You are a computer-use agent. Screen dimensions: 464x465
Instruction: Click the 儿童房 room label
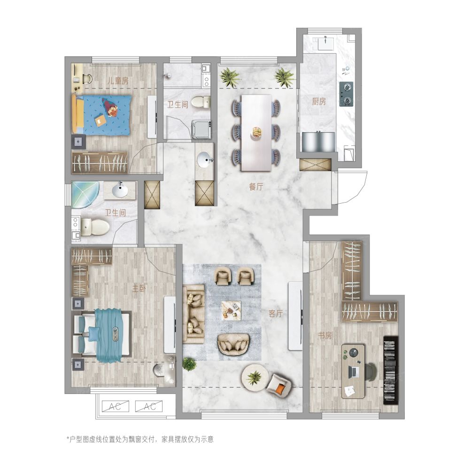click(117, 80)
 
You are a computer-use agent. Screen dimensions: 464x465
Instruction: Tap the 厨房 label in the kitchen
click(319, 102)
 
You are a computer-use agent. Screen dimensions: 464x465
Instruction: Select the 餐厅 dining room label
click(256, 187)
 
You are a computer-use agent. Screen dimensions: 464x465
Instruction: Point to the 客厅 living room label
click(276, 314)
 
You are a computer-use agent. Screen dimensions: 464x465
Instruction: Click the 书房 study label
click(325, 336)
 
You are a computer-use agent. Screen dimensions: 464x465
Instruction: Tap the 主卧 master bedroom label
click(139, 288)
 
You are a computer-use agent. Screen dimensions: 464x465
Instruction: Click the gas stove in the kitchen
click(346, 94)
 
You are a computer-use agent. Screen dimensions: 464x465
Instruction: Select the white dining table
click(256, 133)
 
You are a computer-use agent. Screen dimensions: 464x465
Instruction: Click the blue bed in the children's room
click(101, 115)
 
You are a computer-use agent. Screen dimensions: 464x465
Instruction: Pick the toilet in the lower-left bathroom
click(95, 227)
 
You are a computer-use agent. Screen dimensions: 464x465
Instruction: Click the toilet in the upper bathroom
click(200, 102)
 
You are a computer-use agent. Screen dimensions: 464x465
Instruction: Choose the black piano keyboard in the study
click(391, 370)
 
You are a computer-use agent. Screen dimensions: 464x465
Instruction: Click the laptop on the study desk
click(353, 371)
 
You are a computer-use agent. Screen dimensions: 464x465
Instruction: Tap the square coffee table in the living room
click(231, 310)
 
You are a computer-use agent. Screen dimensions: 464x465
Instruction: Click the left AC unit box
click(116, 406)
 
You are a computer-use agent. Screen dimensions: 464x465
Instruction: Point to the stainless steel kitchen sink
click(318, 142)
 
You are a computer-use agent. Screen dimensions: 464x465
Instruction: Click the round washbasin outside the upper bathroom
click(205, 159)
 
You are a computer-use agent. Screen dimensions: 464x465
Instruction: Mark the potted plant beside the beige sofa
click(189, 364)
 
